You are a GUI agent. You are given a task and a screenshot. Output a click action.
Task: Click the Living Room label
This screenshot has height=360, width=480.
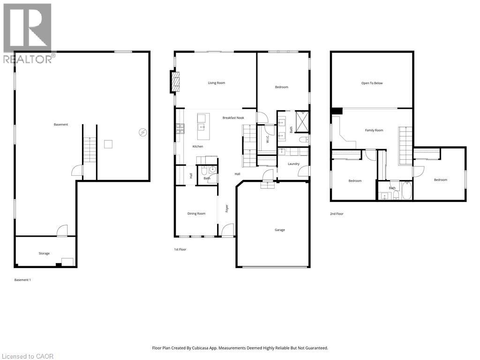pos(217,83)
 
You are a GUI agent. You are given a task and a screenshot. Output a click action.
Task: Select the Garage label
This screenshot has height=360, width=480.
pos(279,230)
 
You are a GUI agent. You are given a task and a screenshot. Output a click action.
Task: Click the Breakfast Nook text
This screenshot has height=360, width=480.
pos(233,118)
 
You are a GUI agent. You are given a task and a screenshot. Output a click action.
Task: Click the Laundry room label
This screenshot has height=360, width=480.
pos(293,164)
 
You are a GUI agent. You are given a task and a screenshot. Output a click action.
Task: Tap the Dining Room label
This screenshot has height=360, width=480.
pos(196,214)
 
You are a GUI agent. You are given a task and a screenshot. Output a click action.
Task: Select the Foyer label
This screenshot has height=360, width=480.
pos(227,208)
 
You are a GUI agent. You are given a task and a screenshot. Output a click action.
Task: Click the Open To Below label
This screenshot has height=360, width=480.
pos(372,83)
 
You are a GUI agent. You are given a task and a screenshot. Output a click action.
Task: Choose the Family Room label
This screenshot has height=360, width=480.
pos(374,130)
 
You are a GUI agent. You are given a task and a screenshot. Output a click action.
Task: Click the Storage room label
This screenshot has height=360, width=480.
pos(44,254)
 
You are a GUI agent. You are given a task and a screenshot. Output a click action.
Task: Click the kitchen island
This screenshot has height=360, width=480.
pos(202,127)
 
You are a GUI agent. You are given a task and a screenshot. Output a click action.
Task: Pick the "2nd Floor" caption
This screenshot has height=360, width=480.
pos(337,214)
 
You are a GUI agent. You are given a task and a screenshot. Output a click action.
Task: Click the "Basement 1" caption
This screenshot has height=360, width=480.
pos(23,280)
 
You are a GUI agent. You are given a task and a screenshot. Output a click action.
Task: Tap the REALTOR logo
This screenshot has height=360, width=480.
pos(28,33)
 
